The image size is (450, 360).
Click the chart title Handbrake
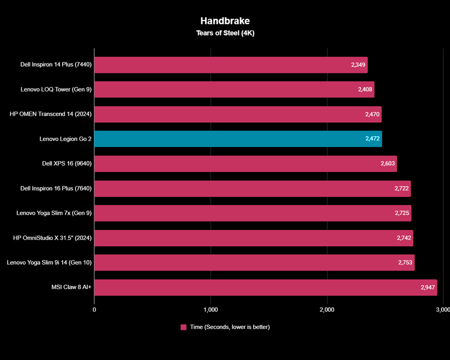click(x=225, y=21)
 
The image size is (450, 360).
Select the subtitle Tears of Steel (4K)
click(x=225, y=33)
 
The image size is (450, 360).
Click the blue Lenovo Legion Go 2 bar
click(x=238, y=139)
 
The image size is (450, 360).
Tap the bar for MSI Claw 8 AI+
click(x=266, y=288)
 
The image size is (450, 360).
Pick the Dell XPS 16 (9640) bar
click(x=246, y=164)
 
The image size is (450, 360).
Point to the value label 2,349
click(x=359, y=65)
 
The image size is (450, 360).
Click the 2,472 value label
click(x=373, y=139)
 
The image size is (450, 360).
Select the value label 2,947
click(x=428, y=288)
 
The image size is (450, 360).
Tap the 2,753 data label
click(x=405, y=263)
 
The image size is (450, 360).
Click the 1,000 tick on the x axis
click(x=210, y=310)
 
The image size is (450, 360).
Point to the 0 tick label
click(x=94, y=310)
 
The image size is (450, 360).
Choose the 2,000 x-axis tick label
click(x=327, y=310)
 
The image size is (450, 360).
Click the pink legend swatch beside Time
click(x=184, y=327)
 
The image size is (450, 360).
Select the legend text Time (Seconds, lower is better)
click(x=230, y=327)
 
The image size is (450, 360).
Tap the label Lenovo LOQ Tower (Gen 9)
click(x=56, y=90)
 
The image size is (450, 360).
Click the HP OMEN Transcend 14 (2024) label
click(x=51, y=114)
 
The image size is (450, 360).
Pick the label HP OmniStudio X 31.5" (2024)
click(x=52, y=238)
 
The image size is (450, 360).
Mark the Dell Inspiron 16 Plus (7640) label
click(x=56, y=189)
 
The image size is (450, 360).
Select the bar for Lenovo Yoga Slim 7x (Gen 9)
click(x=253, y=213)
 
